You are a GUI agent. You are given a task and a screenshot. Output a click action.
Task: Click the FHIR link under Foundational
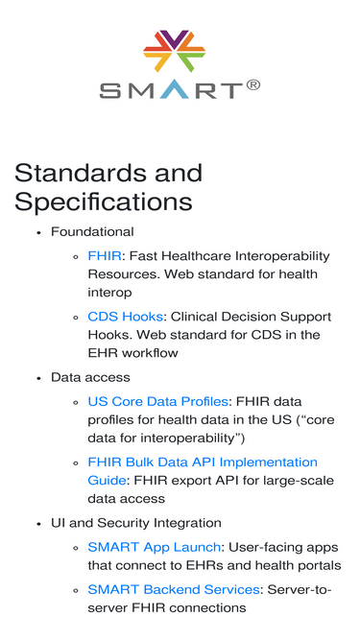click(x=105, y=256)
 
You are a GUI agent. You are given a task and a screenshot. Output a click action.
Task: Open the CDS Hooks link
click(x=126, y=317)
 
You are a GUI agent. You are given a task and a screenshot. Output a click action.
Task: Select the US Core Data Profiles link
click(x=158, y=402)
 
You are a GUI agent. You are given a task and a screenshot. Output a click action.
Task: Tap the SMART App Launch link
click(x=155, y=547)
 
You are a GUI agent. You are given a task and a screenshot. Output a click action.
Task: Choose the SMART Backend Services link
click(x=174, y=589)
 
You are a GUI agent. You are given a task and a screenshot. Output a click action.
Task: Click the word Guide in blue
click(x=107, y=481)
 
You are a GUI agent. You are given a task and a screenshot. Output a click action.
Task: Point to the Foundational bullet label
click(x=92, y=232)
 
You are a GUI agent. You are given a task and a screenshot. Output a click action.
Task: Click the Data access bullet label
click(x=90, y=377)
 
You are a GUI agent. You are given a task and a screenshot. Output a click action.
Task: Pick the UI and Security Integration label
click(x=136, y=523)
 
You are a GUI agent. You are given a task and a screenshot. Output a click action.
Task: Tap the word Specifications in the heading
click(x=104, y=201)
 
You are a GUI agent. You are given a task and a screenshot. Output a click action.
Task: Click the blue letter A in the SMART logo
click(x=175, y=89)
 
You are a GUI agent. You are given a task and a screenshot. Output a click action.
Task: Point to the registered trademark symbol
click(x=253, y=85)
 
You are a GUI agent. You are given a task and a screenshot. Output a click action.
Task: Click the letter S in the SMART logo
click(x=110, y=90)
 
